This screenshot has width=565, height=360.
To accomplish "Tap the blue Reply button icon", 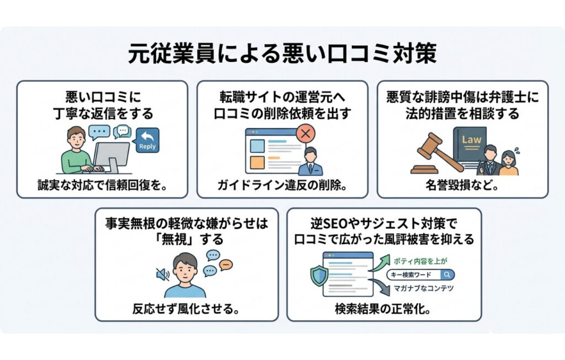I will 147,141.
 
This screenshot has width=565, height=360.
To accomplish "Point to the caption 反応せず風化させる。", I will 186,309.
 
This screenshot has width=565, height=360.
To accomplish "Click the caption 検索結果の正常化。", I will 383,309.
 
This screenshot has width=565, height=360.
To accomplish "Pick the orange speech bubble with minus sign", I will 226,265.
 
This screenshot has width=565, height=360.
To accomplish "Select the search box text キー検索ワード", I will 415,275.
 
